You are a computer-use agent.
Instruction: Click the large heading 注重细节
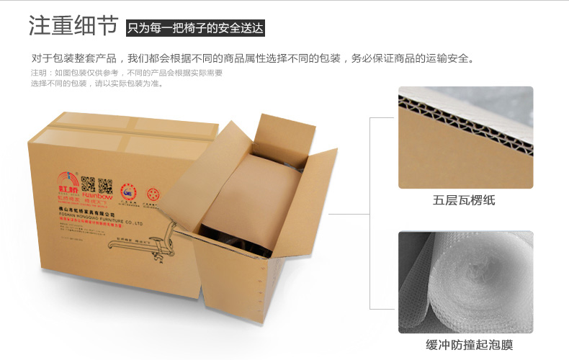[x=73, y=26]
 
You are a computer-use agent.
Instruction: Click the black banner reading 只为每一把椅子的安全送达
[x=195, y=29]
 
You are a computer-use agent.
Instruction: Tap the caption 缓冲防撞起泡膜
[x=465, y=346]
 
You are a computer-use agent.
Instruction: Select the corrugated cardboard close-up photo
[x=465, y=137]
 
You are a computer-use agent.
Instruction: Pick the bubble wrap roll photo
[x=465, y=282]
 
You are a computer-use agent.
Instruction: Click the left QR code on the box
[x=88, y=184]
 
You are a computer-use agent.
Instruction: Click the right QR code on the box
[x=105, y=185]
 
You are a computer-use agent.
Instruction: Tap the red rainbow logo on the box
[x=66, y=180]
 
